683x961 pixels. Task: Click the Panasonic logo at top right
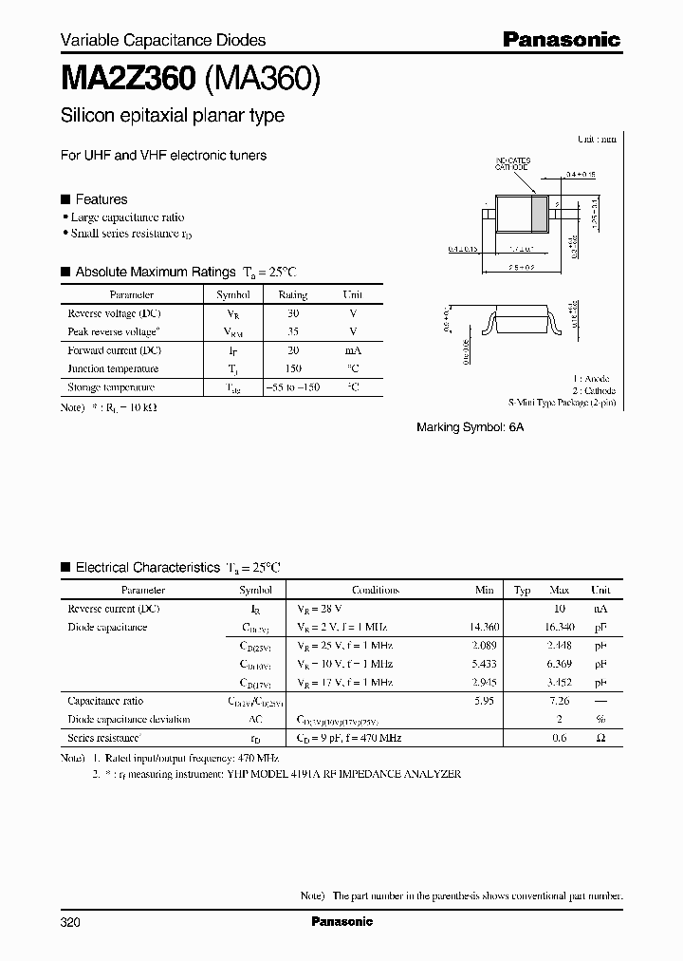pyautogui.click(x=561, y=39)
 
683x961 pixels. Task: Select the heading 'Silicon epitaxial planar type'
pyautogui.click(x=172, y=116)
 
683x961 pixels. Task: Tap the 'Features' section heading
pyautogui.click(x=101, y=199)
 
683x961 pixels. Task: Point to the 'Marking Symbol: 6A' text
pyautogui.click(x=470, y=428)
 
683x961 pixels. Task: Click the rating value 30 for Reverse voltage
pyautogui.click(x=292, y=313)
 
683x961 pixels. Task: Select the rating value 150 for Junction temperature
pyautogui.click(x=292, y=368)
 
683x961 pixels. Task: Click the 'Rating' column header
pyautogui.click(x=292, y=295)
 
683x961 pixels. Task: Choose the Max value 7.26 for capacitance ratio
pyautogui.click(x=559, y=701)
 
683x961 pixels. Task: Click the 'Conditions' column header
pyautogui.click(x=375, y=590)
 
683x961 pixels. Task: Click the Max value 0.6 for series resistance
pyautogui.click(x=560, y=738)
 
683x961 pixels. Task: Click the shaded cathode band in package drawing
pyautogui.click(x=541, y=215)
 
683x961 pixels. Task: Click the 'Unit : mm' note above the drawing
pyautogui.click(x=597, y=139)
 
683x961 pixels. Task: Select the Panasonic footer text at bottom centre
pyautogui.click(x=341, y=921)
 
